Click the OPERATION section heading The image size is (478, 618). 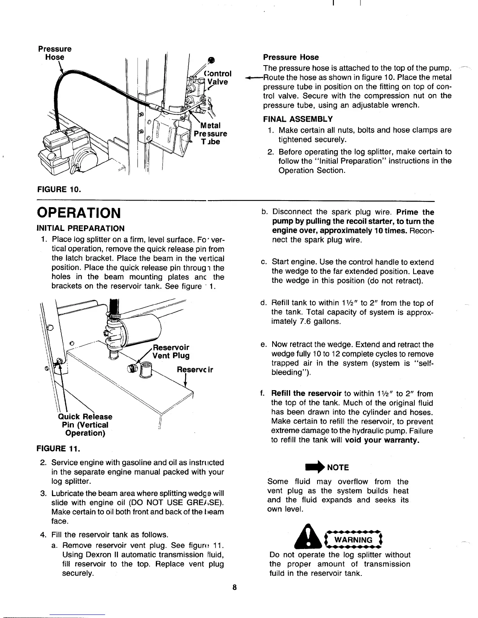point(78,213)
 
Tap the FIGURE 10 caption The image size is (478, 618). point(58,190)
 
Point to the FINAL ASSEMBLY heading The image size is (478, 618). point(298,119)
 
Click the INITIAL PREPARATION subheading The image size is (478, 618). point(80,228)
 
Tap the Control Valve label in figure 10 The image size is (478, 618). point(219,78)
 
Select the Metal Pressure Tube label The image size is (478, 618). point(211,133)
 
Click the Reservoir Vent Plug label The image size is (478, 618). point(171,352)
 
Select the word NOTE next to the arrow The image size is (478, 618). point(338,467)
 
